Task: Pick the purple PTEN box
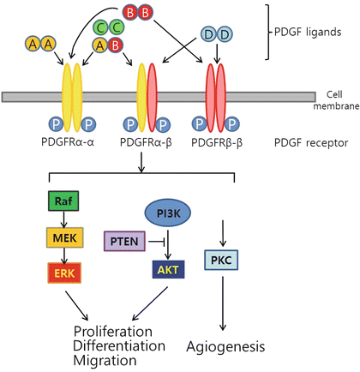tap(124, 242)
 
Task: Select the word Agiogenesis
tap(225, 347)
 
